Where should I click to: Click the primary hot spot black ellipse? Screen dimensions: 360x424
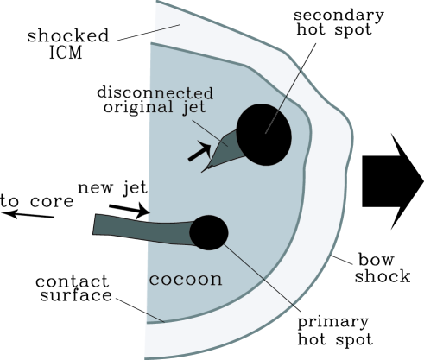click(209, 232)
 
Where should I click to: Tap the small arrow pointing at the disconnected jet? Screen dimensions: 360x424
click(199, 153)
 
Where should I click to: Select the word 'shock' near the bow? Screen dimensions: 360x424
click(382, 276)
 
